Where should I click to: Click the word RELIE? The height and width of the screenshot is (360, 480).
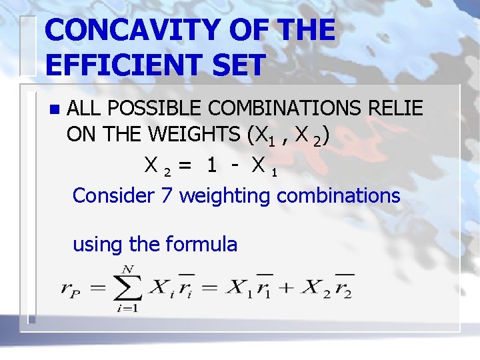395,108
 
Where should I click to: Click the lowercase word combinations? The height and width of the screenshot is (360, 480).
338,195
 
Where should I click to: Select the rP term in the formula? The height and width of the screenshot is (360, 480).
71,289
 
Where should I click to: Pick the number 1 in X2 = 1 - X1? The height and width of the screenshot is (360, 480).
211,165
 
